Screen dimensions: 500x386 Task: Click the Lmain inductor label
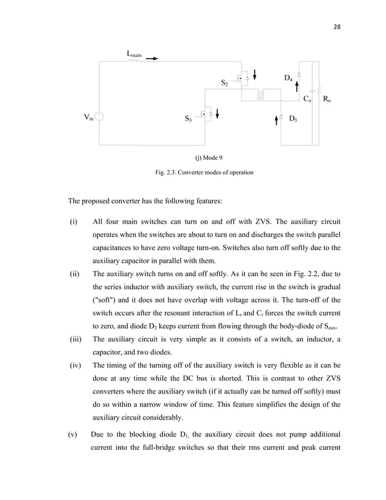coord(134,54)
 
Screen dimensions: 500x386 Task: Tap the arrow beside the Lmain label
coord(151,59)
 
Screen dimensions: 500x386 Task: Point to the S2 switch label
coord(224,82)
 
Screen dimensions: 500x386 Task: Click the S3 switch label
coord(188,119)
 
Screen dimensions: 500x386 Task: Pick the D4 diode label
coord(289,78)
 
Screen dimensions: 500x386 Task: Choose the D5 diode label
coord(293,119)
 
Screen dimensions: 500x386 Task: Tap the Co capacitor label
coord(307,99)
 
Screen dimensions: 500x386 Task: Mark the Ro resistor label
coord(326,99)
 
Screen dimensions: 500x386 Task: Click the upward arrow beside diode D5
coord(276,119)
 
